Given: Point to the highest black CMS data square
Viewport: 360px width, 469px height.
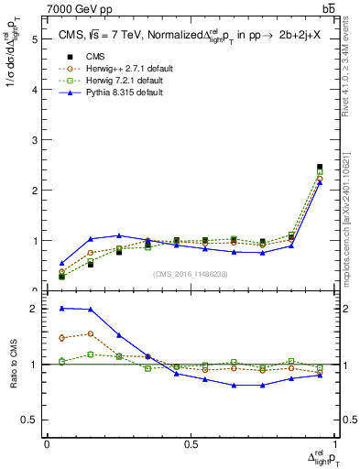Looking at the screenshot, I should click(x=320, y=167).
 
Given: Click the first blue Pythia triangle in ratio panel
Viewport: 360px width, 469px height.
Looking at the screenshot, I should click(x=61, y=309).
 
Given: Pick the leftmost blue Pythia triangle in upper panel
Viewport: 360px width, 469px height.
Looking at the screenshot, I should click(x=61, y=263).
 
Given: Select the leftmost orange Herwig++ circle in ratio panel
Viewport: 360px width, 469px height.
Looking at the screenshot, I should click(x=61, y=338).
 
